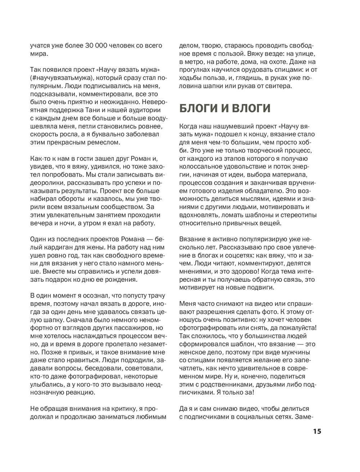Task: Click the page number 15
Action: (x=317, y=431)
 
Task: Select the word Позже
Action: (x=40, y=352)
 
